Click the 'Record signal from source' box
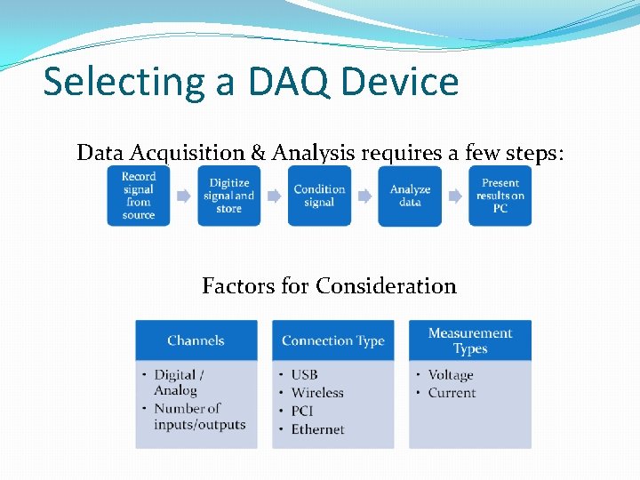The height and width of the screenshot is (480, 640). (139, 196)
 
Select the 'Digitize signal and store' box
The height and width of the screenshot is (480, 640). (228, 196)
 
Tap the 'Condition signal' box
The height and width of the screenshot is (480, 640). (319, 196)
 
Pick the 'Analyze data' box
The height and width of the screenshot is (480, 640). (410, 196)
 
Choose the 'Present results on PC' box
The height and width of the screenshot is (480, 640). (500, 196)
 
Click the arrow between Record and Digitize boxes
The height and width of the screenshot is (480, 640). (184, 196)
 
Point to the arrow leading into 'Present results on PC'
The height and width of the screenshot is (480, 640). (455, 196)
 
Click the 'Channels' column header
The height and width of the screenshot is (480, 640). (196, 340)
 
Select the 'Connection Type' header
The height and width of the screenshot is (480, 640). (332, 340)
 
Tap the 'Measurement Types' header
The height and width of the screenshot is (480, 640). (470, 340)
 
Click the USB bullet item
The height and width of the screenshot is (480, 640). (304, 375)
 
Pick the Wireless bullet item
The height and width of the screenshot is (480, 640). (316, 393)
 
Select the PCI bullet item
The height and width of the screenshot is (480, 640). (302, 411)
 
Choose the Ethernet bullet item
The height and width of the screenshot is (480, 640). (317, 429)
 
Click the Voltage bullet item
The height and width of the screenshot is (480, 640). (451, 375)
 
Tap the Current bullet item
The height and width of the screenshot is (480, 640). (452, 393)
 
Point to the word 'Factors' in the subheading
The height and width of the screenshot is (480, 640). (234, 286)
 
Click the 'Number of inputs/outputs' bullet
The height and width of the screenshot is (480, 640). (199, 417)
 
